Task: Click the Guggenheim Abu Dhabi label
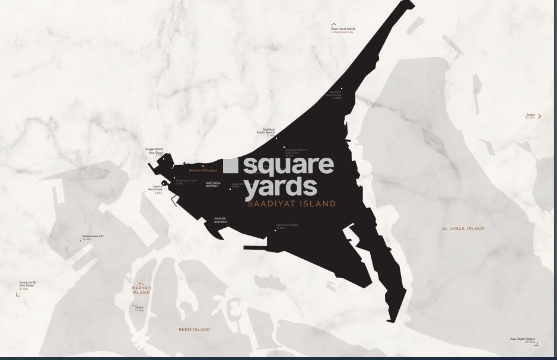155,151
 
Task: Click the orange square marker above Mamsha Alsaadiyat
203,166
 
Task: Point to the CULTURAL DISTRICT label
212,184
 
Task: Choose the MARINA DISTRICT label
220,220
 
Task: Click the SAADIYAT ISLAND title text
292,203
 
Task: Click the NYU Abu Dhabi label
287,225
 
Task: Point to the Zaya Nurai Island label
343,28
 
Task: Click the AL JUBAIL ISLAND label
463,228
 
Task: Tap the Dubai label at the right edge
530,115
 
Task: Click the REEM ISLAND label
194,329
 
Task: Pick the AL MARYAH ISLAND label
141,288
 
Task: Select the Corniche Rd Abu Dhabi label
27,284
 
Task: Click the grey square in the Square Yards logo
231,165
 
